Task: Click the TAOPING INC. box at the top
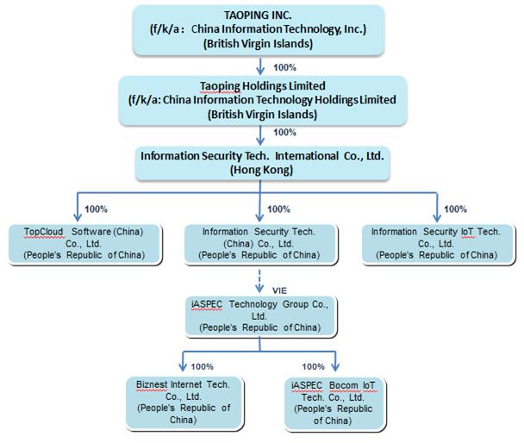pyautogui.click(x=261, y=28)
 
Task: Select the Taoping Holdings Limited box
pyautogui.click(x=261, y=99)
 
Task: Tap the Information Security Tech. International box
pyautogui.click(x=261, y=161)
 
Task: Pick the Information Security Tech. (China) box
pyautogui.click(x=259, y=243)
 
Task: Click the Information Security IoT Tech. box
pyautogui.click(x=434, y=243)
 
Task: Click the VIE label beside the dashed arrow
pyautogui.click(x=278, y=290)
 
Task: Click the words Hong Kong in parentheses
pyautogui.click(x=261, y=170)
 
